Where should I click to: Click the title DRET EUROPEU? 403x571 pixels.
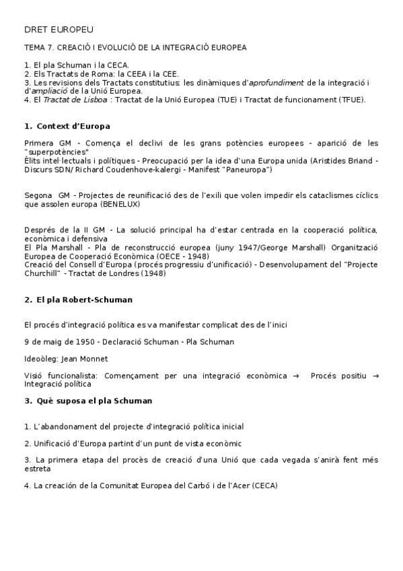click(59, 30)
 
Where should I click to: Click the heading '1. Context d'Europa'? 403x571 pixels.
click(67, 126)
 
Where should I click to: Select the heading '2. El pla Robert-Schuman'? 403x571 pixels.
click(78, 300)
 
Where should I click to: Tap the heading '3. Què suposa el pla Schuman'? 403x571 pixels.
click(87, 401)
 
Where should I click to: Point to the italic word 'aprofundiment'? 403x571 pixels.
click(277, 83)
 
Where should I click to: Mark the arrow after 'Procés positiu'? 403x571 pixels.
click(375, 376)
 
